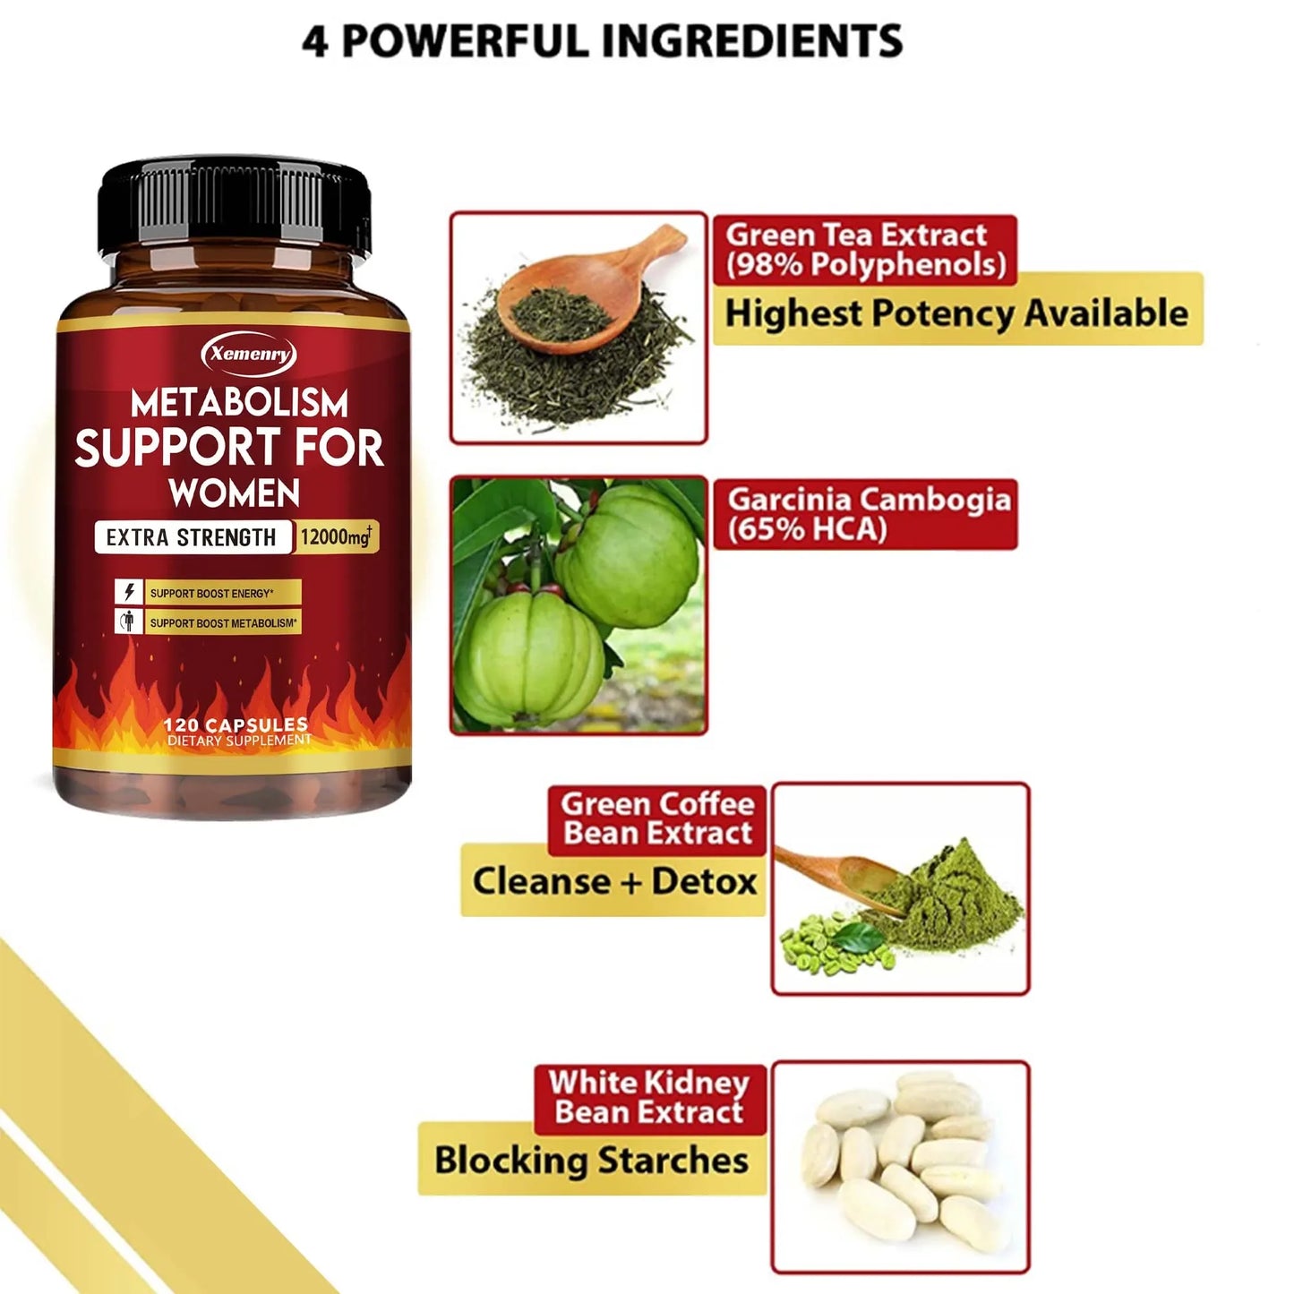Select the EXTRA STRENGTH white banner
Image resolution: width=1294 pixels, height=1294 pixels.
192,537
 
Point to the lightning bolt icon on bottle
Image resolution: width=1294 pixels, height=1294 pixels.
129,592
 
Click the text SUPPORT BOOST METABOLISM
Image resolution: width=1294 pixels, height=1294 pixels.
223,622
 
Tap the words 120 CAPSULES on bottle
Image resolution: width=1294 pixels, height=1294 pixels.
236,724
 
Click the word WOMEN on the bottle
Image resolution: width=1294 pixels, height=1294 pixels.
235,493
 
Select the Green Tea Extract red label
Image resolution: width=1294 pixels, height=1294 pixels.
864,250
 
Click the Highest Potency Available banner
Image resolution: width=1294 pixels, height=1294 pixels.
956,313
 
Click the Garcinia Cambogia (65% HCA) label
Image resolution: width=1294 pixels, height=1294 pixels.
866,514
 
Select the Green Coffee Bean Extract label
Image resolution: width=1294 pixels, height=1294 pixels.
657,818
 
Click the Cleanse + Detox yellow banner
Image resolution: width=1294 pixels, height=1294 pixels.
614,882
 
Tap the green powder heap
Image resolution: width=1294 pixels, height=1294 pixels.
949,896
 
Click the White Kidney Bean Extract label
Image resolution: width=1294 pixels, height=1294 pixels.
650,1098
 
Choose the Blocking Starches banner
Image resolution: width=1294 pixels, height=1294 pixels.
591,1161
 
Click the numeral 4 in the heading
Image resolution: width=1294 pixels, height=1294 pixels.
315,41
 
